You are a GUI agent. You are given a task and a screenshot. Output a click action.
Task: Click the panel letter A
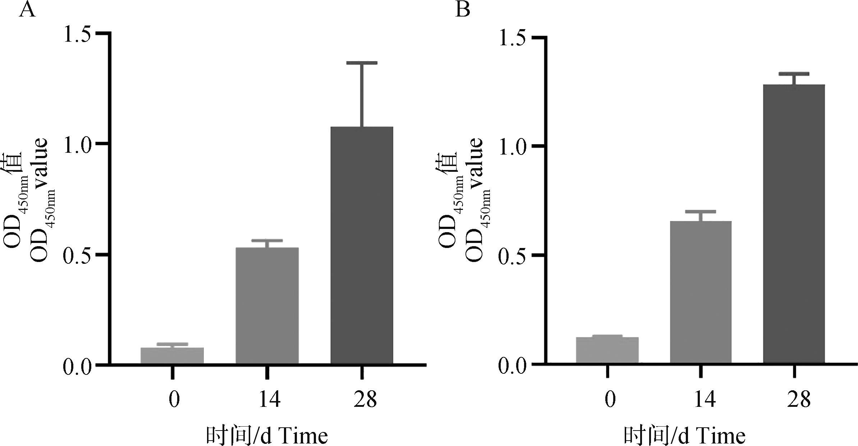tap(27, 10)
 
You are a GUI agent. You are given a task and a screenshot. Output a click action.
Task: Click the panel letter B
tap(463, 10)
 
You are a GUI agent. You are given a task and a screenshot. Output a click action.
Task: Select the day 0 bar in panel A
tap(172, 355)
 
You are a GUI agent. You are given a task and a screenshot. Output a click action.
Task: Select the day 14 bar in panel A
tap(267, 305)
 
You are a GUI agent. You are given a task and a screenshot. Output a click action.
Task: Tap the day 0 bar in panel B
tap(607, 350)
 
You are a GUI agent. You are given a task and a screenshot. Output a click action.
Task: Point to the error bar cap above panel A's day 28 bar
tap(362, 63)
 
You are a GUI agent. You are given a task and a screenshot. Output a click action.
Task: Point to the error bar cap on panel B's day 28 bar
tap(794, 74)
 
